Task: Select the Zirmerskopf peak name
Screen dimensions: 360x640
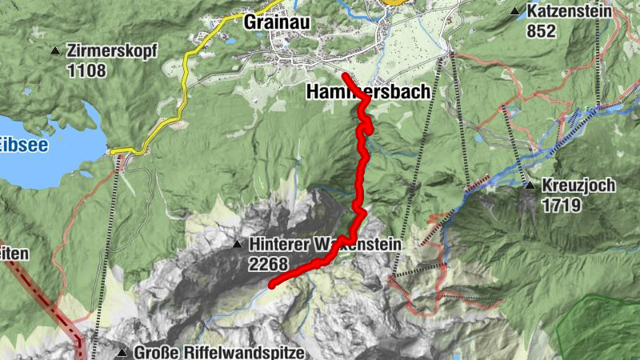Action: click(x=113, y=51)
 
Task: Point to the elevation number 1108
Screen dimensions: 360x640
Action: click(x=87, y=70)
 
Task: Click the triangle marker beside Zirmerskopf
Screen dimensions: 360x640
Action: click(x=55, y=52)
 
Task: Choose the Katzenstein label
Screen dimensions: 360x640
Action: click(x=569, y=12)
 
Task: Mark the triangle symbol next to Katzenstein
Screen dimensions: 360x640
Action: click(x=514, y=12)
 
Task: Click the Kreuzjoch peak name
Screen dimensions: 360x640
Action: click(x=578, y=186)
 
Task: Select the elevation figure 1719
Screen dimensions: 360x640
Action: click(x=560, y=205)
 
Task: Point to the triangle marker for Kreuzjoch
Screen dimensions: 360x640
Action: click(x=529, y=186)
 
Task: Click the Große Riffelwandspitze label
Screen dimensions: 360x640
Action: click(x=218, y=352)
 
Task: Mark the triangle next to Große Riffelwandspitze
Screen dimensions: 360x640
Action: click(x=122, y=353)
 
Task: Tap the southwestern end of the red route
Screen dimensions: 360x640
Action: click(x=272, y=284)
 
